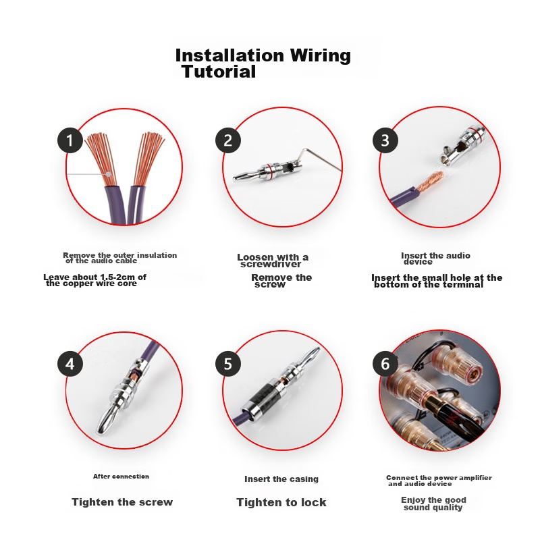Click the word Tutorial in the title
click(x=219, y=72)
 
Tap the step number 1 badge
click(x=70, y=140)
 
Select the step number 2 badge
click(x=228, y=140)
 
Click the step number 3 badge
click(x=385, y=140)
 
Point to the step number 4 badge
click(x=70, y=364)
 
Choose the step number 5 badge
click(x=228, y=364)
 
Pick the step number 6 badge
click(x=385, y=364)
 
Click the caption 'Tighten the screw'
click(x=122, y=502)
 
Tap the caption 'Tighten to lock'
click(x=281, y=502)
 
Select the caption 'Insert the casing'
click(x=281, y=479)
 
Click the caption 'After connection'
click(x=121, y=477)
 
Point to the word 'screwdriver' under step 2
click(x=271, y=264)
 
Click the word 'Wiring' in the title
click(x=320, y=55)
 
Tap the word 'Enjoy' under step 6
click(x=414, y=500)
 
